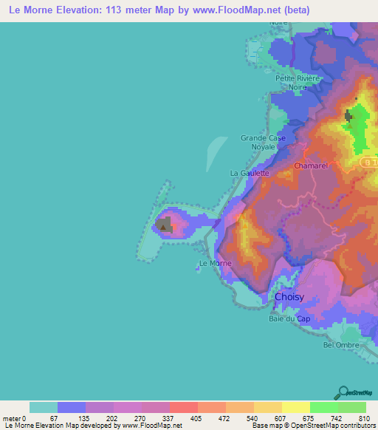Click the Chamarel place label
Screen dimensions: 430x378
[x=310, y=166]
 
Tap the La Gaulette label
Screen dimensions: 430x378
[x=250, y=173]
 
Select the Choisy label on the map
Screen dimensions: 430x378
[x=289, y=297]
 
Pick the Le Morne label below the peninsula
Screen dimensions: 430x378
[x=216, y=263]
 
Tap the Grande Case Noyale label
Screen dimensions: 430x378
[x=262, y=142]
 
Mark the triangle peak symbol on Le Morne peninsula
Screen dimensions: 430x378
[x=162, y=228]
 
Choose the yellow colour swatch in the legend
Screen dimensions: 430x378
[x=295, y=407]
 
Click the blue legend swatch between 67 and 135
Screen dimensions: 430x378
[x=72, y=407]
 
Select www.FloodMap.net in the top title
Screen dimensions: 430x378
[x=224, y=10]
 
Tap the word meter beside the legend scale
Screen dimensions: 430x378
[x=13, y=419]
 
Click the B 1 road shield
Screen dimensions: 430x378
[x=369, y=161]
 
